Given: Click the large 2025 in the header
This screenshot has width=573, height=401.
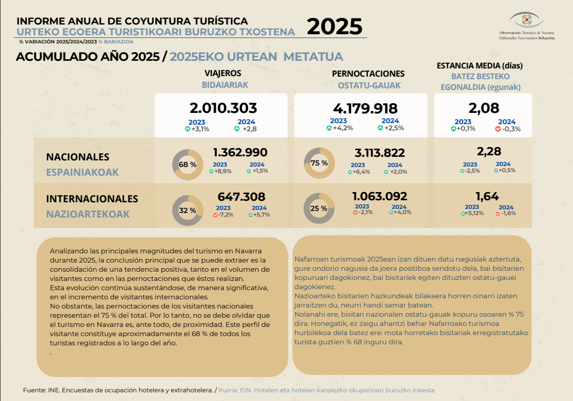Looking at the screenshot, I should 334,27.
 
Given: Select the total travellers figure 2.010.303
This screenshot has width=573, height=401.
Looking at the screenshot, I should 223,108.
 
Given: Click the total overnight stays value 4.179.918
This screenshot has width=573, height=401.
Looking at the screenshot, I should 365,108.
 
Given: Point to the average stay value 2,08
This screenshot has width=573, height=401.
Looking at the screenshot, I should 484,108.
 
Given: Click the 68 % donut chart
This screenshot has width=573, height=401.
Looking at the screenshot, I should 188,164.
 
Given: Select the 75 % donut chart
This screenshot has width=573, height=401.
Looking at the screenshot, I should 319,163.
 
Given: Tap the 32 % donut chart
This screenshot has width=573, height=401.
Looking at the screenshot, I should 188,210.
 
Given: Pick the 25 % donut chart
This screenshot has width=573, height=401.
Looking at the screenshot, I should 319,208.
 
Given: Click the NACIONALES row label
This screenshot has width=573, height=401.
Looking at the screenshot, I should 78,157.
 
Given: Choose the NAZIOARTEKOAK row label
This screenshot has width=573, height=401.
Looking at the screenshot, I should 87,214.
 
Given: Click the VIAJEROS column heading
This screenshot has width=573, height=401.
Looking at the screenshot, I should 223,74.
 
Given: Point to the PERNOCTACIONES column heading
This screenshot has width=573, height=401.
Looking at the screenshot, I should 368,74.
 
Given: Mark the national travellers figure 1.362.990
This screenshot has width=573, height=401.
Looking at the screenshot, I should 240,152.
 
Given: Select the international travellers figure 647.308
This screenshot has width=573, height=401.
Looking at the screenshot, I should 241,197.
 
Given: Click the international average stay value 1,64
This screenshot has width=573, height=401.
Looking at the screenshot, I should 487,196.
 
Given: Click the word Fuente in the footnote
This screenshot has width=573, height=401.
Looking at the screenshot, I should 34,390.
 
